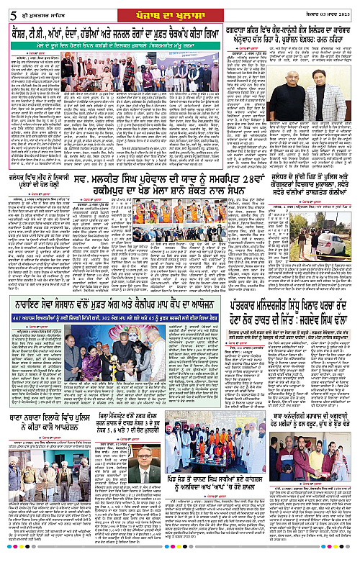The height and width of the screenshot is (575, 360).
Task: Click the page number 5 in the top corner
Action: (x=8, y=9)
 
